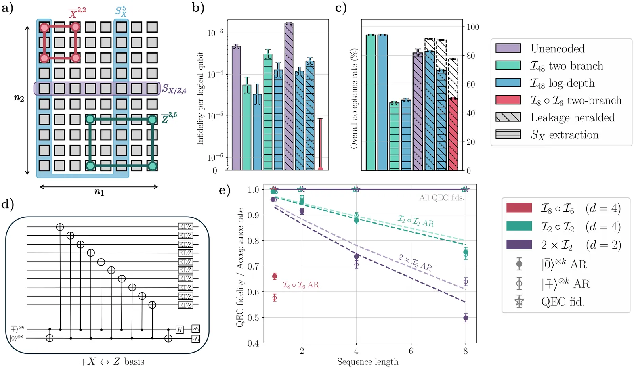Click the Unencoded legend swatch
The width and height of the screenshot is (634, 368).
tap(508, 48)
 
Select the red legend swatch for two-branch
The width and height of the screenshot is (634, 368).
tap(508, 100)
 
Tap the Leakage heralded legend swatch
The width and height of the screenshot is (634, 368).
tap(508, 117)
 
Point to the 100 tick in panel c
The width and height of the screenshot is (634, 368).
tap(473, 27)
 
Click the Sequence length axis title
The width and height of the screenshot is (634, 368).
tap(367, 362)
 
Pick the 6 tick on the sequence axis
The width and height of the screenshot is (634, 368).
tap(411, 351)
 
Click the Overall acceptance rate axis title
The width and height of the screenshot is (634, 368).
tap(354, 98)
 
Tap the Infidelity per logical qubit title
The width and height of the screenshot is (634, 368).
tap(201, 98)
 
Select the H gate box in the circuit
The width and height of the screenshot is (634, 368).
tap(180, 330)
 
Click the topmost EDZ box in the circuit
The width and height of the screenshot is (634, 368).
tap(185, 227)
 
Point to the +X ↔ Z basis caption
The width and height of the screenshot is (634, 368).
tap(112, 362)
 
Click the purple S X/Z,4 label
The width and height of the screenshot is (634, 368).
tap(174, 89)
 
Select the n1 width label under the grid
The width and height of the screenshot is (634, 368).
tap(99, 192)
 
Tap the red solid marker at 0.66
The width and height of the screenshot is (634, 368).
tap(275, 276)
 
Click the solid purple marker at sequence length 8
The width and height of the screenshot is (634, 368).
tap(466, 318)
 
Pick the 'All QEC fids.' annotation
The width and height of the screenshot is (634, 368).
tap(441, 197)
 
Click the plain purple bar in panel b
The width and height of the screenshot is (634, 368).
tap(236, 108)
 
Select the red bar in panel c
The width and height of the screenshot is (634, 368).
tap(453, 134)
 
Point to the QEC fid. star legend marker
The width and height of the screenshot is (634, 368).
tap(519, 302)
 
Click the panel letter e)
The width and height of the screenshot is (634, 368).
tap(224, 190)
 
